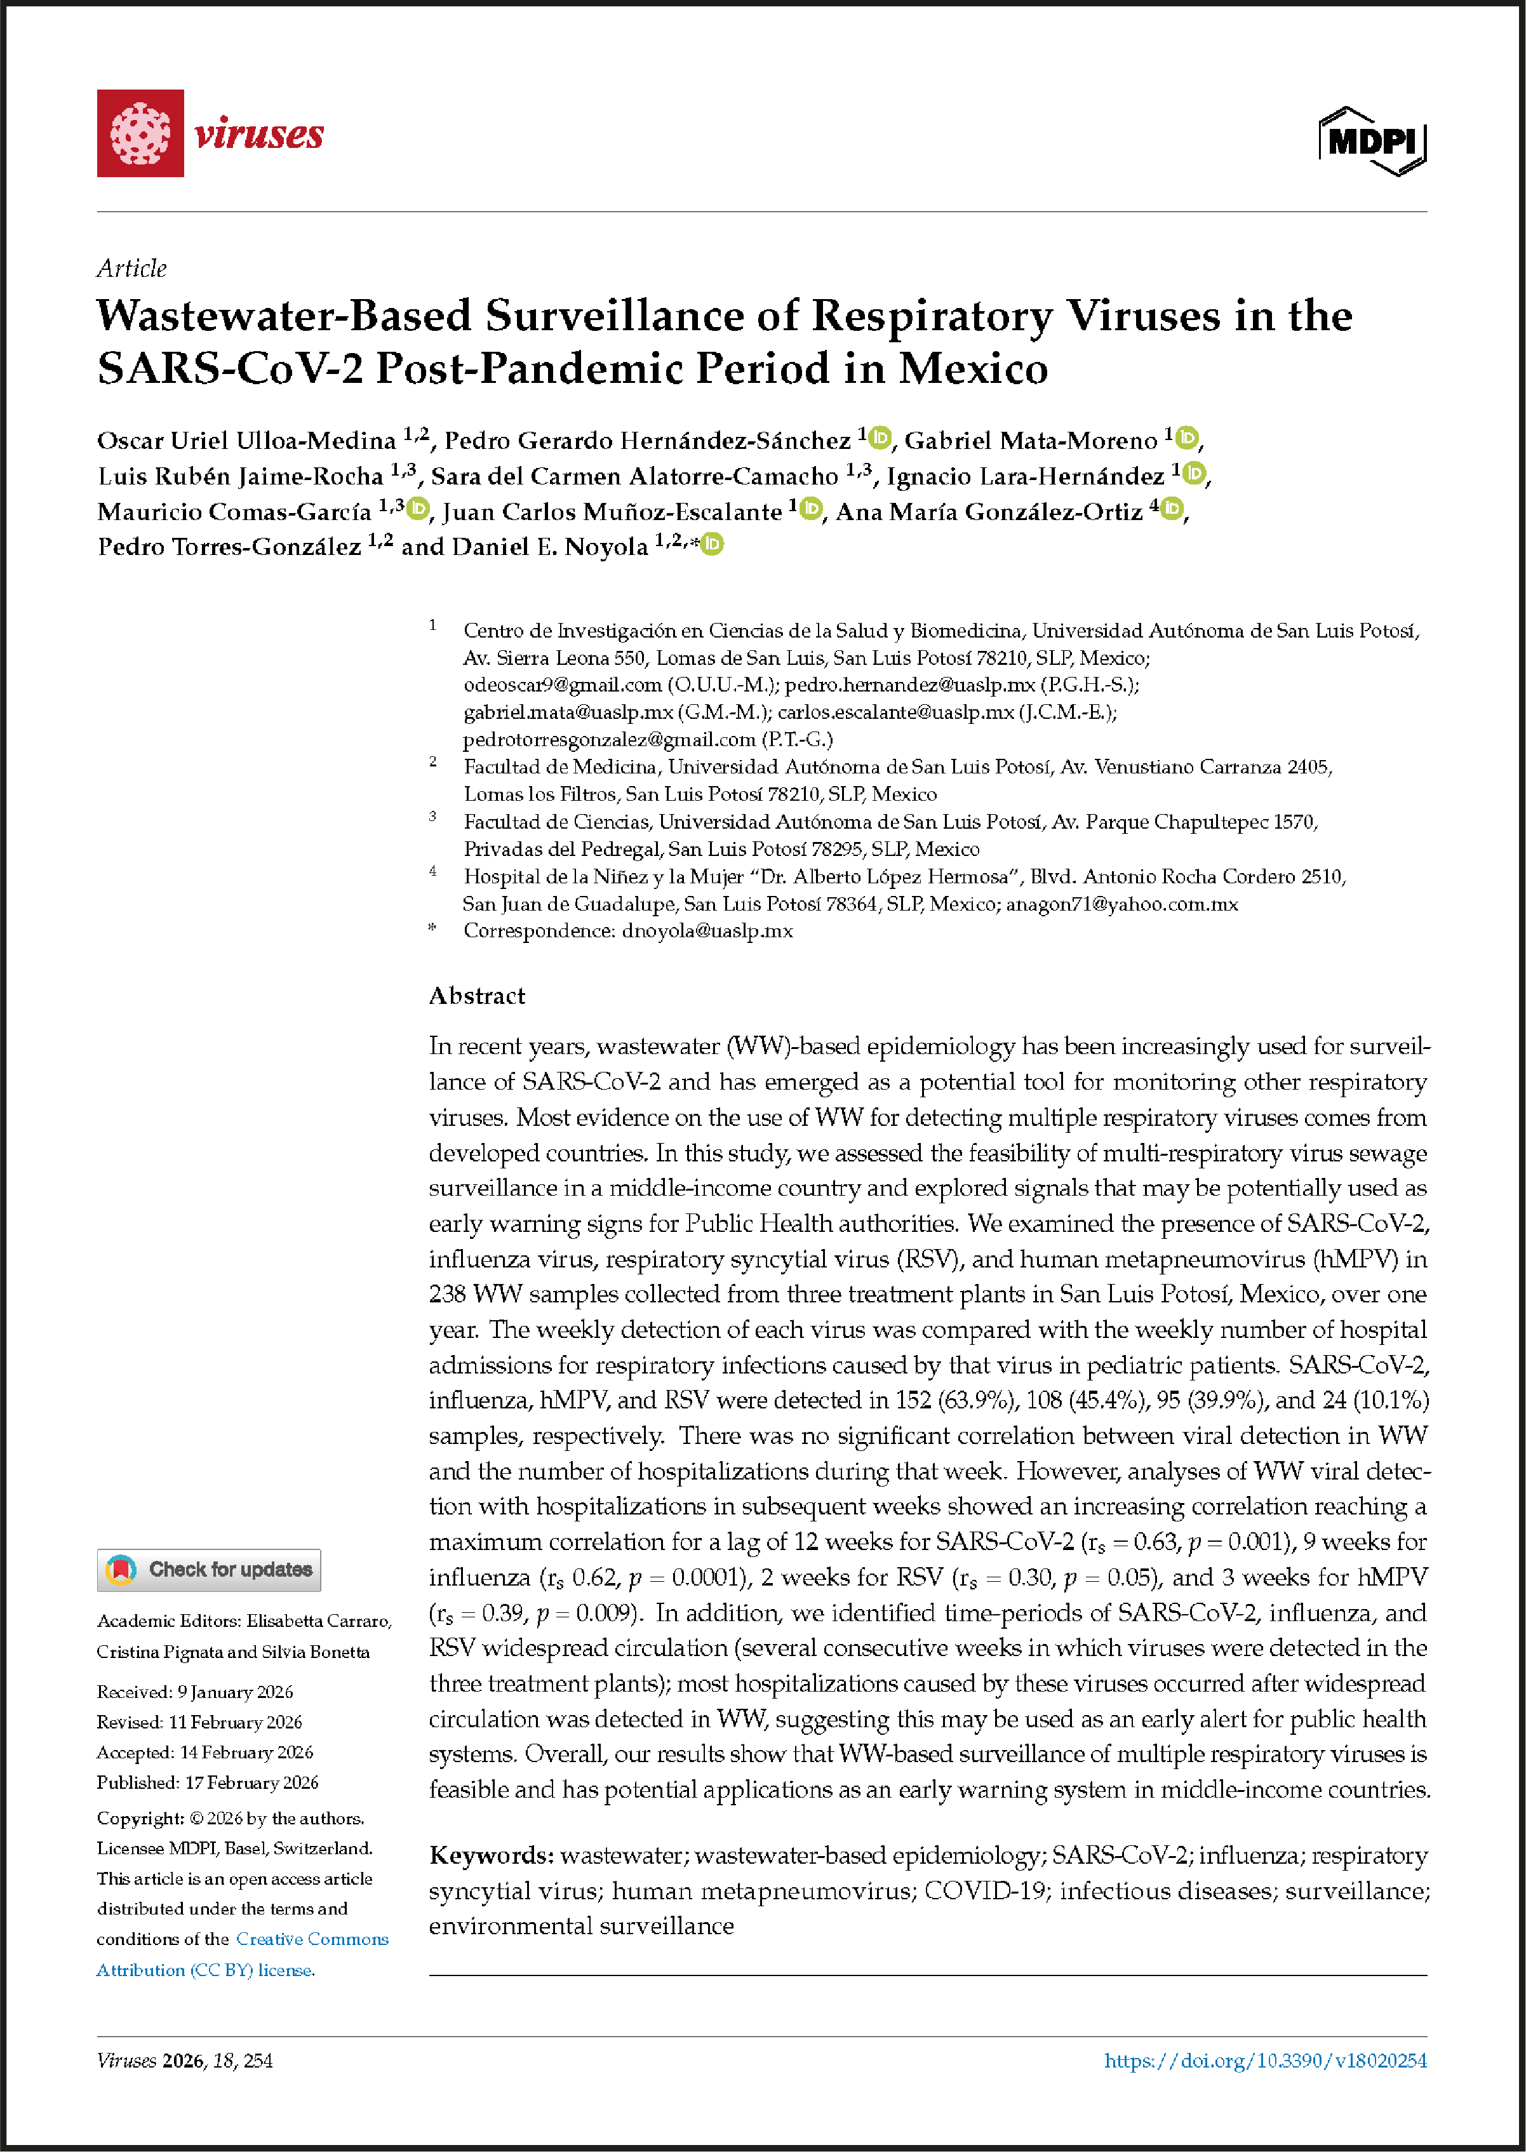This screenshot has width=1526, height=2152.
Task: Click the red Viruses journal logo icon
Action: pos(140,133)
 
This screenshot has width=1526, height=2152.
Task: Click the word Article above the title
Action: pos(131,269)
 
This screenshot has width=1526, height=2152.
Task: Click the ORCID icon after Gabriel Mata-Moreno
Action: pos(1188,438)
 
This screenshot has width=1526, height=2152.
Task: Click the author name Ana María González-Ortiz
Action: pos(989,511)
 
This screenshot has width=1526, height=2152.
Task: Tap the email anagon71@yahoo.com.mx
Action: pos(1122,904)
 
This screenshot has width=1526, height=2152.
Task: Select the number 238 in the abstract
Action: pos(447,1294)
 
